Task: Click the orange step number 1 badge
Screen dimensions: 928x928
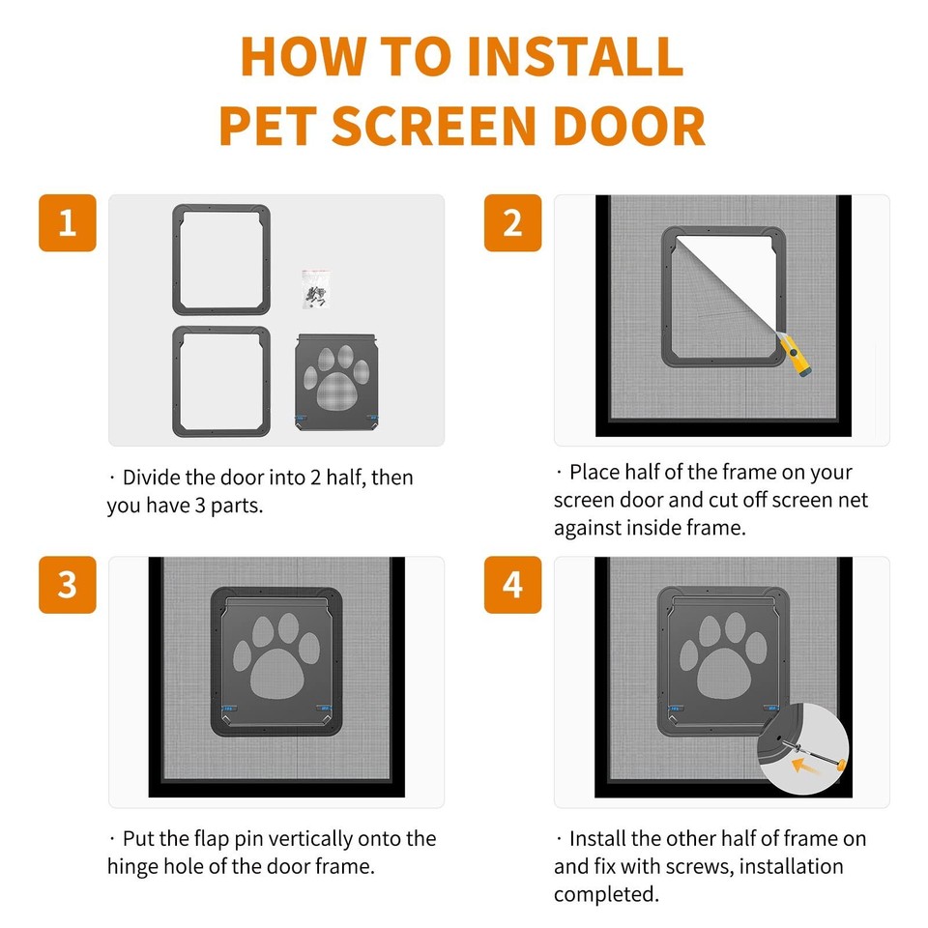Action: (x=68, y=223)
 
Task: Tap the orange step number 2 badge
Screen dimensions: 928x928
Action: (x=512, y=223)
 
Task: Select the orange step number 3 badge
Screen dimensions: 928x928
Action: (x=68, y=585)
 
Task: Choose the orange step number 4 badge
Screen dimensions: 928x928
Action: (x=512, y=585)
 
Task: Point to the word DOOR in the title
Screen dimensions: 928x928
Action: (x=625, y=126)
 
